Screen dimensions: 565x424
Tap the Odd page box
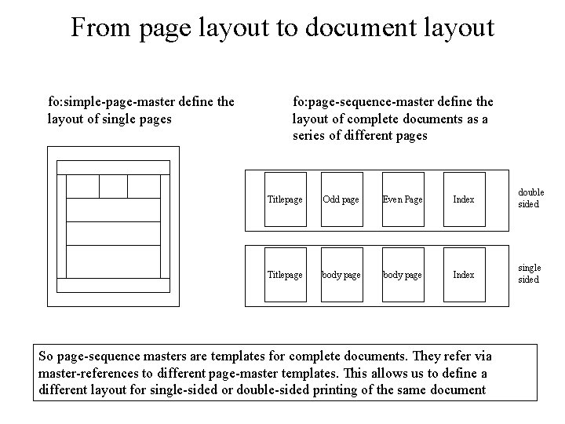click(341, 199)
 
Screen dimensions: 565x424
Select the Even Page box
click(403, 199)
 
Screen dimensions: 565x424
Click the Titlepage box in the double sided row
click(285, 199)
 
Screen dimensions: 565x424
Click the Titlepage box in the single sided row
click(285, 275)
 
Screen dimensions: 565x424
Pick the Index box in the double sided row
click(464, 199)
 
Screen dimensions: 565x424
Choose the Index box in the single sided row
click(464, 275)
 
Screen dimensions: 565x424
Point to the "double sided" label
click(530, 199)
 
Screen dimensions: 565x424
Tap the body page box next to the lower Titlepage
click(341, 275)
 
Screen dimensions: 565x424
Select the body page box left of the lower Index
click(403, 275)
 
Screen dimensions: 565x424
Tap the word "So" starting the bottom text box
click(46, 355)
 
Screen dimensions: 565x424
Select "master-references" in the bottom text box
click(88, 372)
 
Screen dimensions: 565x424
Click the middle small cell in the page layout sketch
click(113, 186)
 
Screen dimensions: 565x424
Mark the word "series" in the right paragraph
click(310, 135)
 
